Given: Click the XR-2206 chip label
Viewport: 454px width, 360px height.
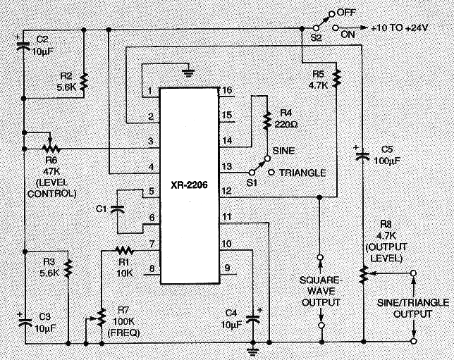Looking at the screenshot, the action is pos(189,185).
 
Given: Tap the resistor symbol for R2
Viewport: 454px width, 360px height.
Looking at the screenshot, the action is pos(84,82).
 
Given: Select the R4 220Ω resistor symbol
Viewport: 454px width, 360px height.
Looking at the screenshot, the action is pos(266,120).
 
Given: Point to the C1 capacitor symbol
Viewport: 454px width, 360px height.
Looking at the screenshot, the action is pos(117,209).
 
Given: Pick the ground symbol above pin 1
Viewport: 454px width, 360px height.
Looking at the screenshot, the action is pos(188,72).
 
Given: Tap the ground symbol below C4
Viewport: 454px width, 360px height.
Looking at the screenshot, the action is pos(253,352).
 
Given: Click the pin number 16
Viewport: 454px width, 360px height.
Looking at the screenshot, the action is pos(227,90).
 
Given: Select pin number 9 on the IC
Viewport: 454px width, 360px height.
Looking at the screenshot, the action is pos(227,268).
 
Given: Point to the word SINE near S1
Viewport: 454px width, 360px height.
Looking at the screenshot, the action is pos(283,151).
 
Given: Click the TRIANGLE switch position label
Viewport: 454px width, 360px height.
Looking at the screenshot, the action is pos(302,173).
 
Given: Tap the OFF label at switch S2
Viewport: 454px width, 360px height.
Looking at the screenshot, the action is pos(346,13).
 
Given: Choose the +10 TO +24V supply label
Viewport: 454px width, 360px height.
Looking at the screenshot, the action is pos(400,27).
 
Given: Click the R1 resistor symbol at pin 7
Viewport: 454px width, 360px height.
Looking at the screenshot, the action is pos(124,250).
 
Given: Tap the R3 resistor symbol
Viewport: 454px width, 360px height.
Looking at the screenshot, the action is pos(68,268).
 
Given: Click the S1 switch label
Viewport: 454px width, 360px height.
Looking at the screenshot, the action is pos(252,183).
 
